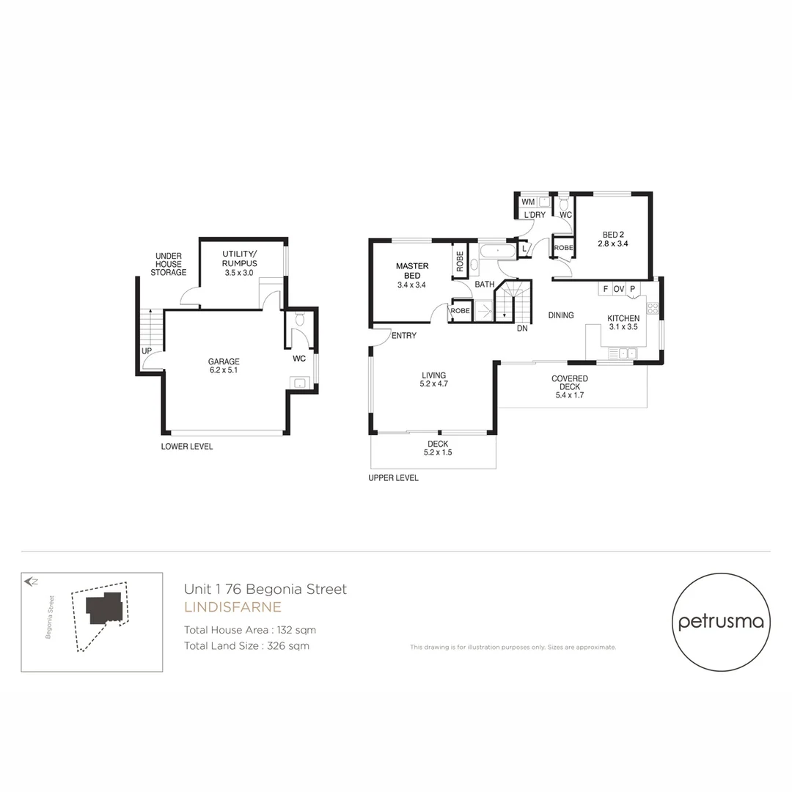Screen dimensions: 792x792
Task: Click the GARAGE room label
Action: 223,365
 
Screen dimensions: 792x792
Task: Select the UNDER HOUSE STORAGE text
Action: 169,264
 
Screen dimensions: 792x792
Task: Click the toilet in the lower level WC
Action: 299,319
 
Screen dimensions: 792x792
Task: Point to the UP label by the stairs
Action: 147,351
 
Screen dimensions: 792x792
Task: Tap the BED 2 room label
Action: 613,239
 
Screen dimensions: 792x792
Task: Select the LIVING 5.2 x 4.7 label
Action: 433,379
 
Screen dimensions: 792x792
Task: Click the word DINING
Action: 561,315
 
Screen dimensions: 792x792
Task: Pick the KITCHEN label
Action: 623,323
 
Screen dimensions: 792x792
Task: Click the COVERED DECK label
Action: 570,386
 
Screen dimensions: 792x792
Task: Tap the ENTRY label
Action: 404,336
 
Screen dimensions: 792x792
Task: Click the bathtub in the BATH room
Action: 498,250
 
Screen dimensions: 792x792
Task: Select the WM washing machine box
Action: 528,202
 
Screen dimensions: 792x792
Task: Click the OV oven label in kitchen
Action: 619,289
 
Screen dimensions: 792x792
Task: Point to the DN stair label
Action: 522,329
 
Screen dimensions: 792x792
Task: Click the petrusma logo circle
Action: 721,622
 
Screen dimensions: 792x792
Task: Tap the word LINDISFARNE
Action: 232,607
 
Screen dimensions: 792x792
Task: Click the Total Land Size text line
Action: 246,646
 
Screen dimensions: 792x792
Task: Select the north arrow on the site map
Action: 31,582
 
